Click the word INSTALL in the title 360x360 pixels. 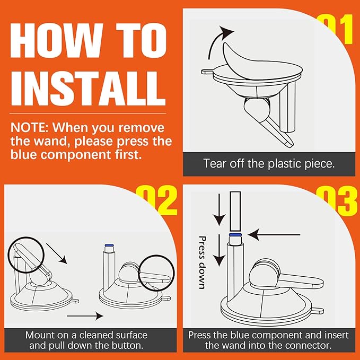click(x=88, y=88)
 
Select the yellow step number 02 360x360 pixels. click(x=156, y=200)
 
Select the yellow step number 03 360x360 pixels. click(x=337, y=200)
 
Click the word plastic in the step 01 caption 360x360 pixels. click(x=285, y=164)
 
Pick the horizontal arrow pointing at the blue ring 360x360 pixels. click(x=274, y=235)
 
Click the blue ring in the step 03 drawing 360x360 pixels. click(x=235, y=235)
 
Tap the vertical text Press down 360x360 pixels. click(x=201, y=262)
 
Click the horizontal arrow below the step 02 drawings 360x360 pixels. click(x=85, y=316)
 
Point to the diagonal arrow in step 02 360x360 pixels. click(x=57, y=253)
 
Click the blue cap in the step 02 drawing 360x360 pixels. click(x=109, y=245)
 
